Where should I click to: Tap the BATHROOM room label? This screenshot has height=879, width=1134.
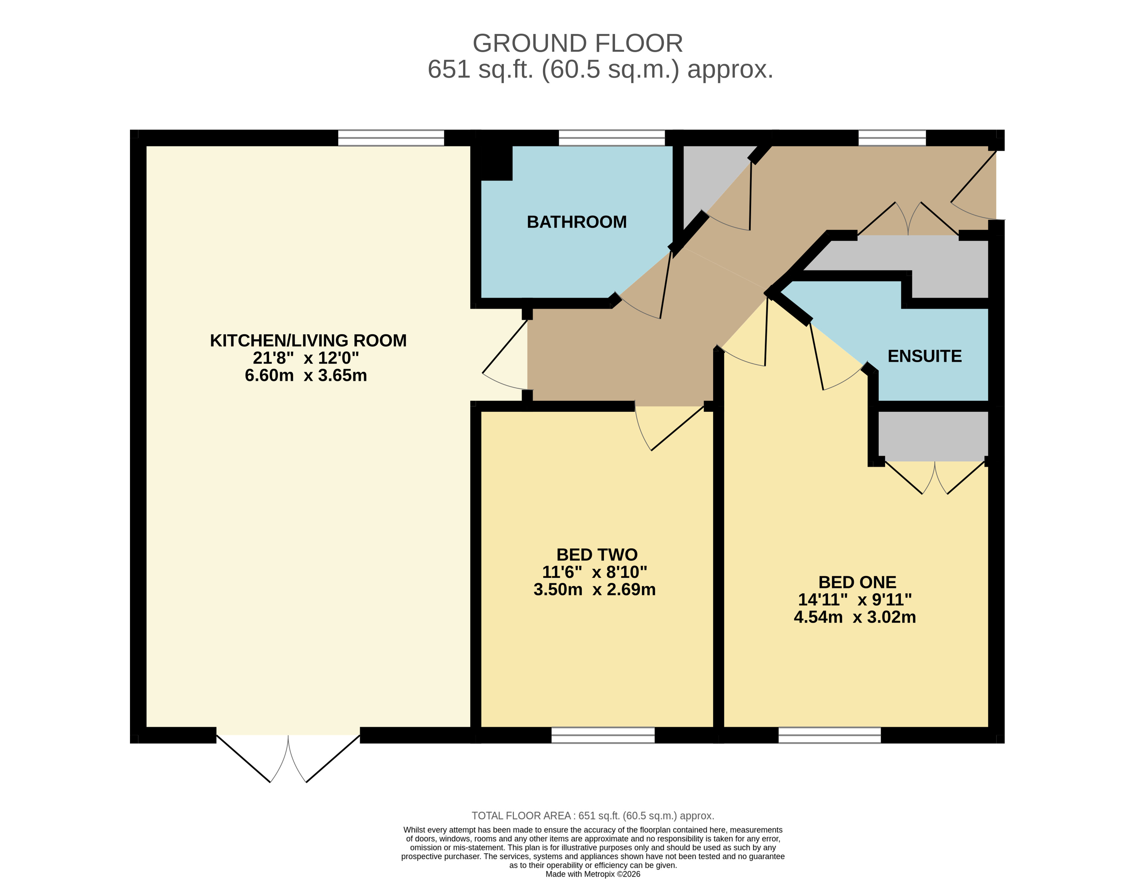[576, 222]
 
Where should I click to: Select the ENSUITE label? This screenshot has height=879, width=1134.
[924, 356]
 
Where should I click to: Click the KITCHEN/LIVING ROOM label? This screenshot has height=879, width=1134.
[308, 340]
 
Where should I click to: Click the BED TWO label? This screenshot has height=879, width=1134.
[597, 555]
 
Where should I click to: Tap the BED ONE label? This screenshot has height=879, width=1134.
[857, 582]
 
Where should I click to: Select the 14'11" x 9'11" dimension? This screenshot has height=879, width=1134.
[855, 600]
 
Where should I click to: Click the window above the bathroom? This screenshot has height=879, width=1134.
[611, 138]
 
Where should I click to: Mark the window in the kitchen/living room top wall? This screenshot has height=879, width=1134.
[391, 138]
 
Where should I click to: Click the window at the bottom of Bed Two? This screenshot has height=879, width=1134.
[603, 735]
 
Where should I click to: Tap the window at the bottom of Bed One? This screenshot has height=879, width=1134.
[829, 735]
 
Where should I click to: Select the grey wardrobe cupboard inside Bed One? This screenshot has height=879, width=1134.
[933, 436]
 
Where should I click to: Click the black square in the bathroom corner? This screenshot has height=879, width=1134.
[496, 163]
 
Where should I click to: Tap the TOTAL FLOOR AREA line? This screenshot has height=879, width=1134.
[592, 816]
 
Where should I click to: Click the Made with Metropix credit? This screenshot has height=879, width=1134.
[592, 874]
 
